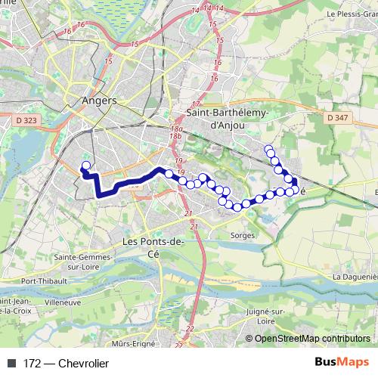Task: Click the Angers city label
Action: coord(98,101)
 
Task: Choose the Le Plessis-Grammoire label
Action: coord(351,14)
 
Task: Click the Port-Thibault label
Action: coord(42,281)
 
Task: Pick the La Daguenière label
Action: coord(355,277)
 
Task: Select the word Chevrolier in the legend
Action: coord(83,364)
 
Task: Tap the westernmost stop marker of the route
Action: coord(85,166)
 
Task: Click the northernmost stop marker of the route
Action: coord(268,149)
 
